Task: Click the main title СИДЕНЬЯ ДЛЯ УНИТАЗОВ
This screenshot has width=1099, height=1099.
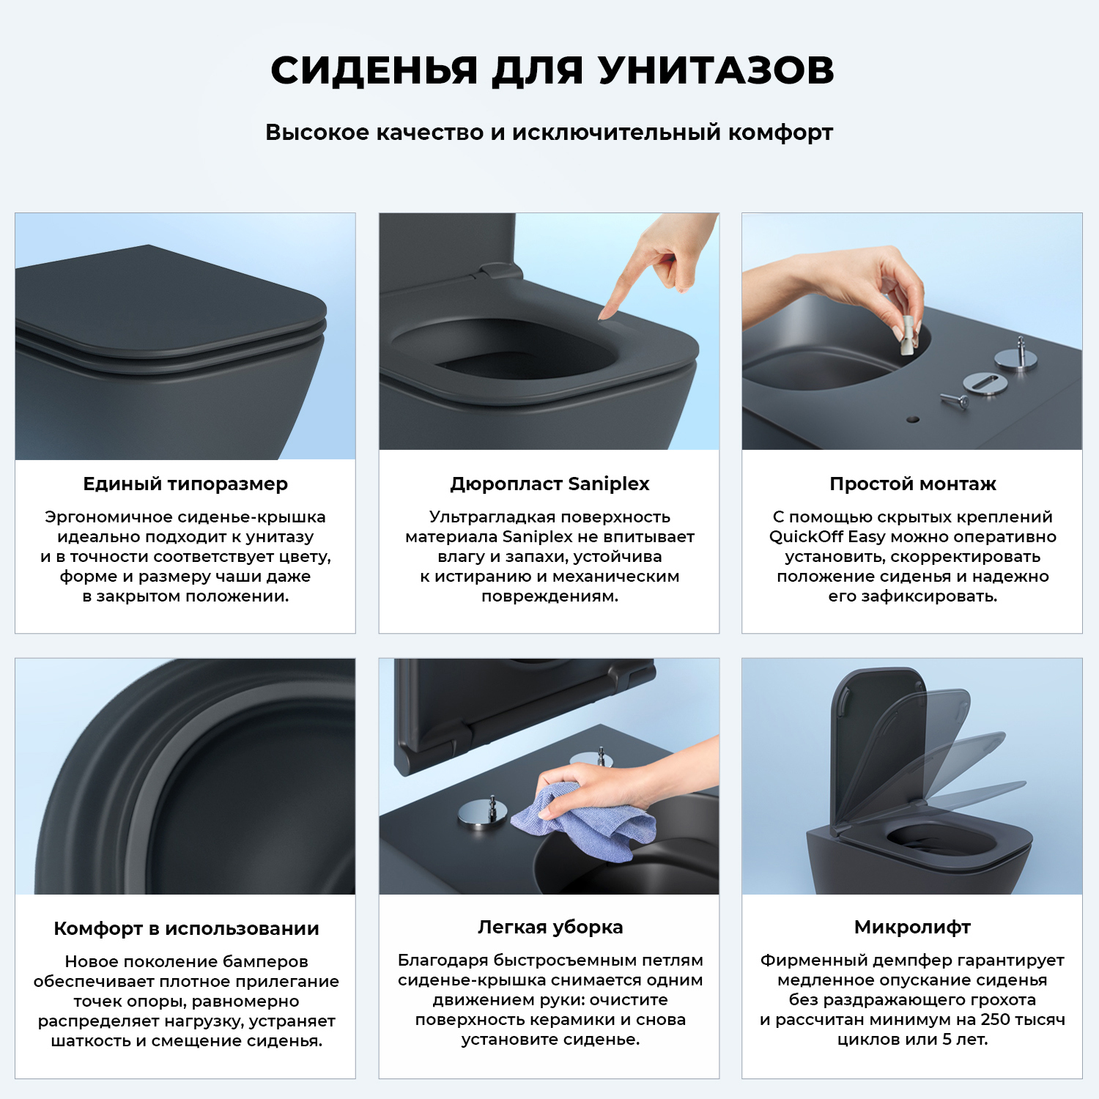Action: (552, 70)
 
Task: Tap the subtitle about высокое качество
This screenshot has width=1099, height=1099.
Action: (549, 133)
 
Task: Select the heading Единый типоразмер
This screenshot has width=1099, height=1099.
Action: (185, 484)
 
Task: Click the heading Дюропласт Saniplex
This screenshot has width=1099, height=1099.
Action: (549, 484)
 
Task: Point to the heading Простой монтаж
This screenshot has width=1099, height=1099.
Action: (912, 484)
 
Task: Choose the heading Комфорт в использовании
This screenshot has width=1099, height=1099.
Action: (186, 928)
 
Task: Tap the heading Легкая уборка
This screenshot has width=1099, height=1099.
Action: (549, 927)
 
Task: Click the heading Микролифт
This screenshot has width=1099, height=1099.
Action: (912, 927)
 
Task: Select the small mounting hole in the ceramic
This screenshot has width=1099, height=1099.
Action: (912, 420)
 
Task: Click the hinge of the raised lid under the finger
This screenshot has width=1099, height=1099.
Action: (498, 271)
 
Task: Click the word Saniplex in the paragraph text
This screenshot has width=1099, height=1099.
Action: (537, 537)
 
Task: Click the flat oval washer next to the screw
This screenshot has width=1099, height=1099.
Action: (985, 382)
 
